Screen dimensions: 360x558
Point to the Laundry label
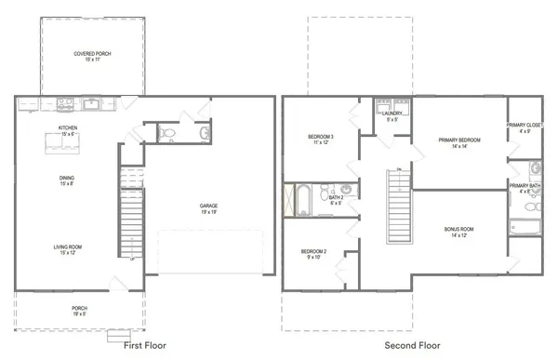(x=392, y=116)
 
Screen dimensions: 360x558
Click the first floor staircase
(x=129, y=223)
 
